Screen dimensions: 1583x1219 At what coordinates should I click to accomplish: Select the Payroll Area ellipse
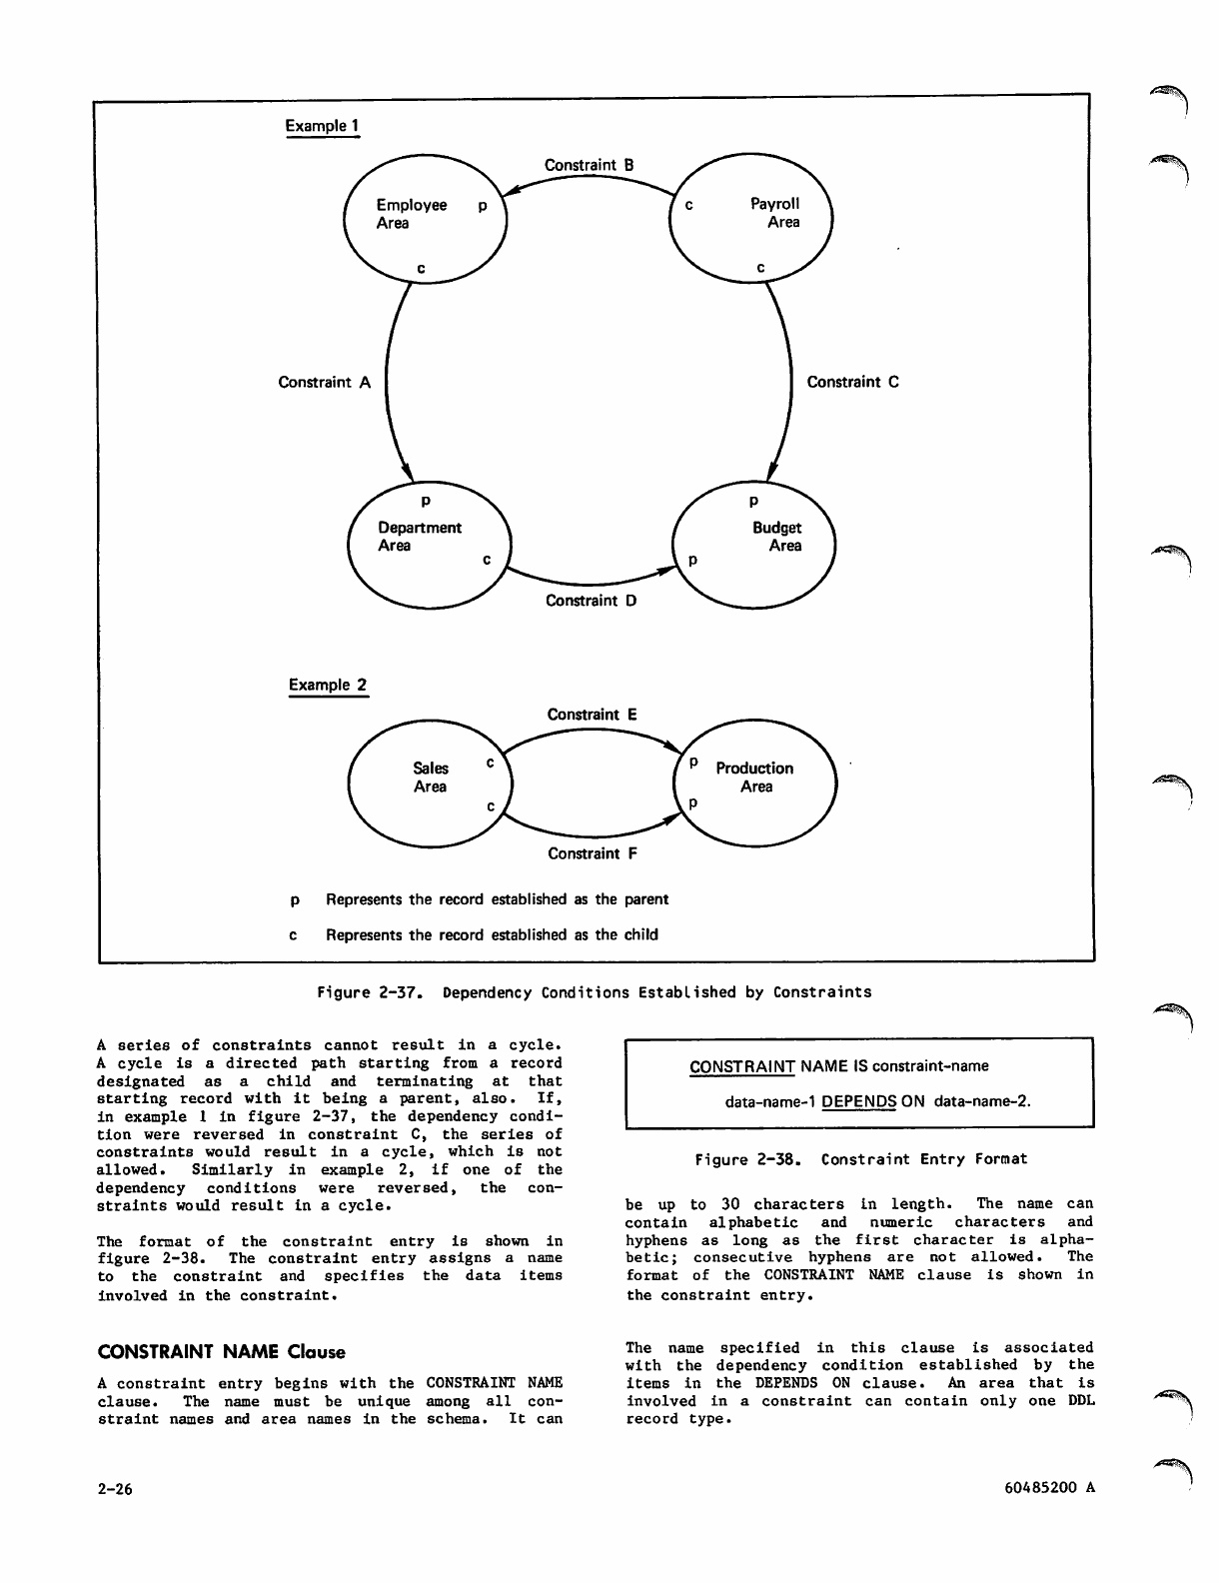coord(750,217)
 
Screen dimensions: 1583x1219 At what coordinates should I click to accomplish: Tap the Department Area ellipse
coord(428,543)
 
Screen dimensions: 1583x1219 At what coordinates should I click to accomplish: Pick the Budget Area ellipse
coord(754,543)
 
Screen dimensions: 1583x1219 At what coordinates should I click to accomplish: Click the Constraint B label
coord(589,165)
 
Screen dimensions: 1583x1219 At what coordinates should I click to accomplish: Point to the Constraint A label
coord(324,382)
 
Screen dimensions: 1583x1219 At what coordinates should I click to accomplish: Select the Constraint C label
coord(852,382)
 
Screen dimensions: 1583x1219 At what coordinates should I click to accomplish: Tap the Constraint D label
coord(591,601)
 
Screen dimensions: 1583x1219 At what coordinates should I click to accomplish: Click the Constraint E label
coord(592,715)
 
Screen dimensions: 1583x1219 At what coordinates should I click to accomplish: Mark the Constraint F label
coord(592,853)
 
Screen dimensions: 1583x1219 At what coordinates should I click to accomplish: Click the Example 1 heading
coord(322,126)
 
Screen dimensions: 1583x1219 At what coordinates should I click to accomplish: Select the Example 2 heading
coord(327,686)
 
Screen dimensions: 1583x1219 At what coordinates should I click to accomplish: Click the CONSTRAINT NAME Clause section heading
coord(221,1352)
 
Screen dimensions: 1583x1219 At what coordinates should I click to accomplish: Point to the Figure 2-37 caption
coord(594,992)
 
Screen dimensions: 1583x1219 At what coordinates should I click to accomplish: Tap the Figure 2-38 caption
coord(860,1159)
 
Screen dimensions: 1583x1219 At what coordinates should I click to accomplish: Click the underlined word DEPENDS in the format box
coord(858,1101)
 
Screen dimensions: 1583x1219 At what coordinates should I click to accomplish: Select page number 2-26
coord(115,1488)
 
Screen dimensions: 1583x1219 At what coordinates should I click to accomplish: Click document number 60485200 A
coord(1050,1487)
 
